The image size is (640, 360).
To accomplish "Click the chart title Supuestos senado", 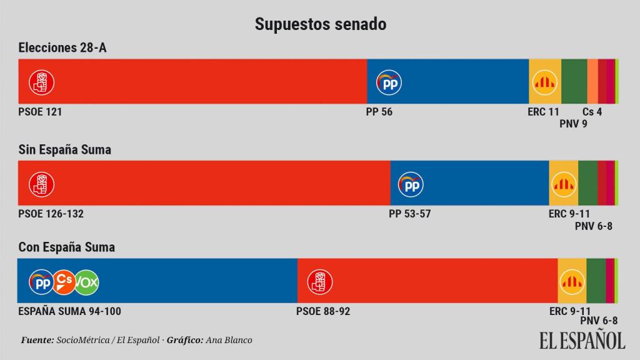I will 320,24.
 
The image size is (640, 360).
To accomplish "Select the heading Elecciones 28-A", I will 62,48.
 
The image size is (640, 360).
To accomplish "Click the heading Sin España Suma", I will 65,149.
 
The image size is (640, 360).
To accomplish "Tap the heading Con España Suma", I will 66,247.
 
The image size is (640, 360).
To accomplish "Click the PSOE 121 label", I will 40,112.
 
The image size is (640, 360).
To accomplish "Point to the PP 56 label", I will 379,112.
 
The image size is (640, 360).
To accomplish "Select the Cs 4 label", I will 592,112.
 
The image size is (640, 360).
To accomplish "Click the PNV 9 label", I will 573,124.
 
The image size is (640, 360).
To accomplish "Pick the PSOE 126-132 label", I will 51,214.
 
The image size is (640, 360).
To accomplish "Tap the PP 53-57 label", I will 409,214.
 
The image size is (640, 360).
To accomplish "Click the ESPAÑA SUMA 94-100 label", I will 69,311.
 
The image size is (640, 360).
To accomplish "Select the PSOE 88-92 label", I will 323,311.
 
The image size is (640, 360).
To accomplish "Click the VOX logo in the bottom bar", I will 87,282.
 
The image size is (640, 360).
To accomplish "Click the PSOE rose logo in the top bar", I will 42,82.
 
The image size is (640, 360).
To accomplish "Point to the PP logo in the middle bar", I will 411,183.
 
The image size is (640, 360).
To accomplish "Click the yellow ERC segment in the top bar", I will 544,82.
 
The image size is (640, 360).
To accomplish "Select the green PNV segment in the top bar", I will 574,82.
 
